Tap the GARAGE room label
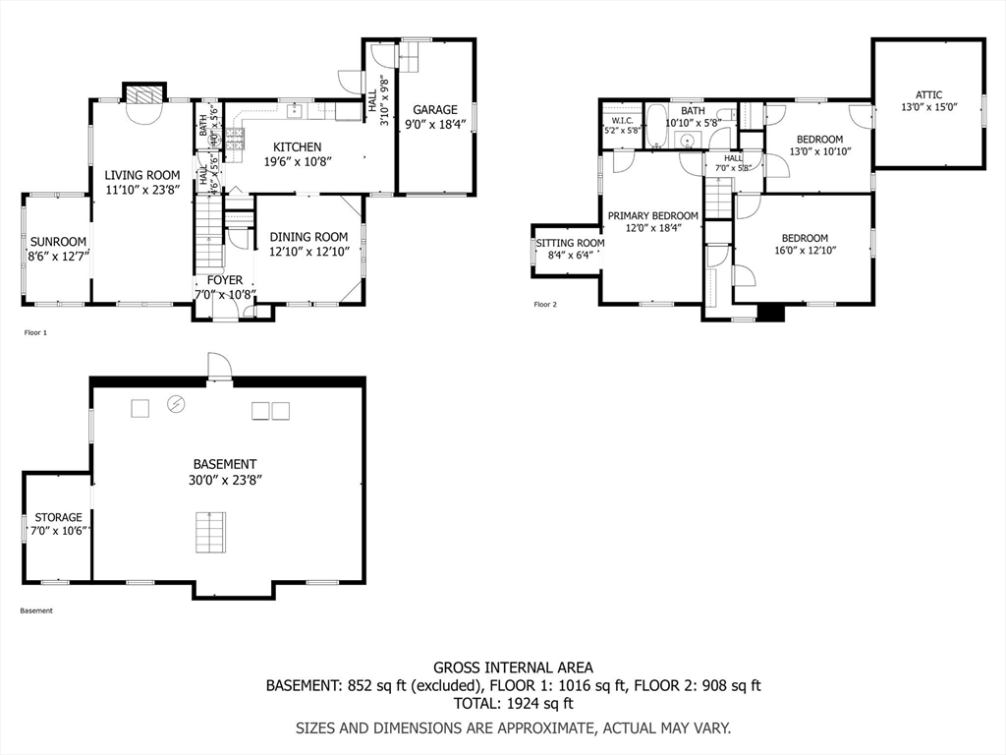[434, 110]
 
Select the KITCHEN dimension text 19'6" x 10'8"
[297, 162]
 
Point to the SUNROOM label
[58, 242]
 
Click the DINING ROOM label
[308, 237]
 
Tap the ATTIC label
[928, 95]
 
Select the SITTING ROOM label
[570, 243]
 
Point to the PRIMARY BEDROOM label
[652, 216]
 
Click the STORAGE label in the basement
[59, 517]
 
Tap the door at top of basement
[218, 367]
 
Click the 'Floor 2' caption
[545, 305]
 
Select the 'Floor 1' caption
[35, 333]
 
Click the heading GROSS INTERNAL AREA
[513, 668]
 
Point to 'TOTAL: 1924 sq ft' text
[513, 703]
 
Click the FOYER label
[218, 280]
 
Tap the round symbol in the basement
[177, 403]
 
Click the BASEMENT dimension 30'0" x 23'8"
[226, 480]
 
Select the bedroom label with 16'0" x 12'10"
[804, 238]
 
